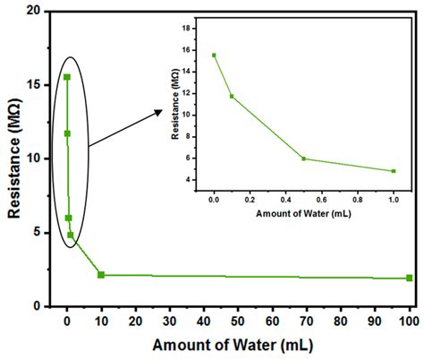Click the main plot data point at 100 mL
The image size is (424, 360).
point(409,278)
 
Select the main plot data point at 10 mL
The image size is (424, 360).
point(101,275)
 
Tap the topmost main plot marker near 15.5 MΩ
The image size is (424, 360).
point(67,77)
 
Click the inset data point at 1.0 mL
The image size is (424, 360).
point(393,171)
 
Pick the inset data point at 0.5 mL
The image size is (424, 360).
point(304,159)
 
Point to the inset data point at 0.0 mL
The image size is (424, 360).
point(214,55)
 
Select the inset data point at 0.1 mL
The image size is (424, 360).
point(232,96)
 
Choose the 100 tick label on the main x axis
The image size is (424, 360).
point(409,320)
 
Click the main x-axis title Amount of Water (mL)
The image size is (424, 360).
point(237,345)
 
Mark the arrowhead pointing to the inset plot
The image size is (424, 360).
point(161,111)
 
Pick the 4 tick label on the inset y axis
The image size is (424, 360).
point(200,180)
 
